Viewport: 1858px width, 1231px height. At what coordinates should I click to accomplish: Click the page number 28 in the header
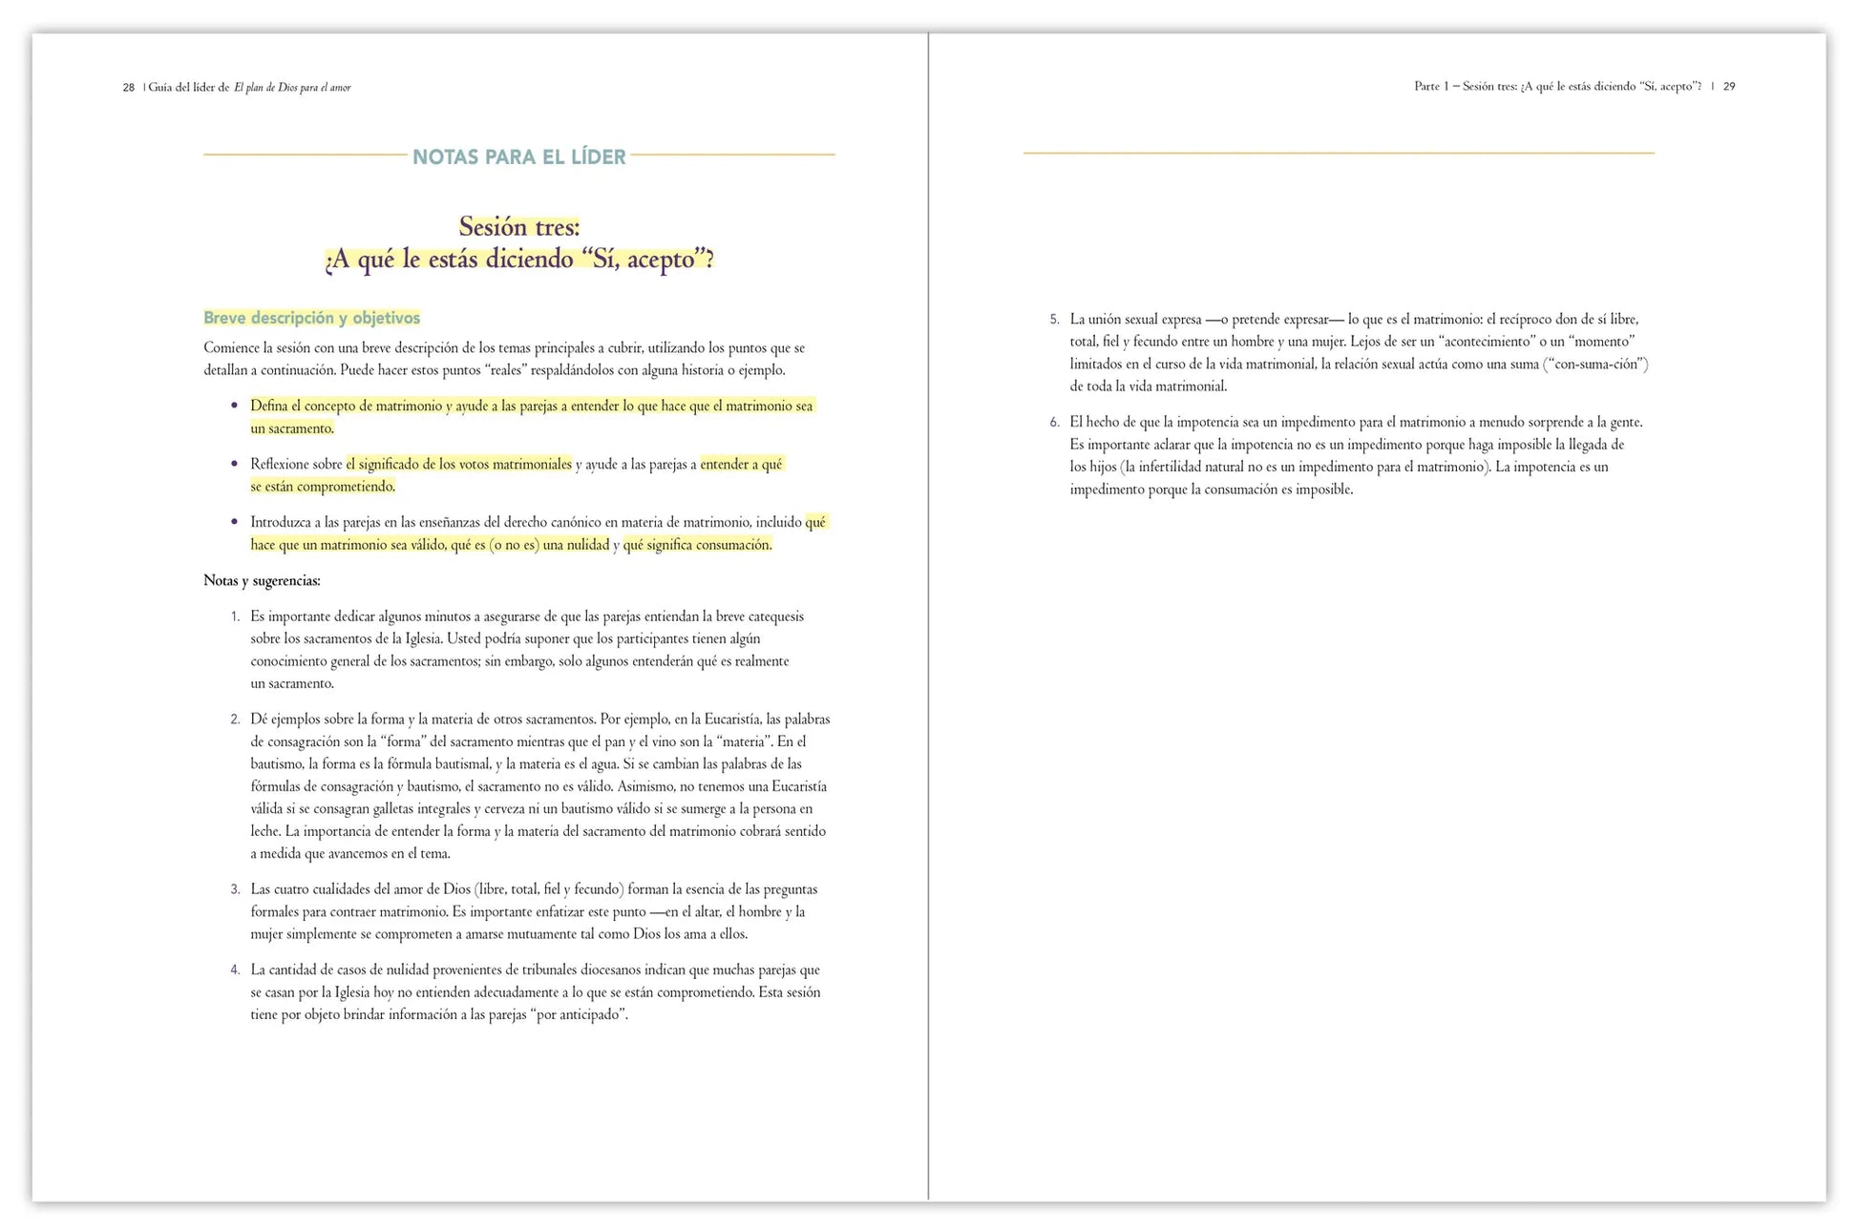pyautogui.click(x=128, y=88)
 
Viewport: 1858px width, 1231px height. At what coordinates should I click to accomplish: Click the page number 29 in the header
pyautogui.click(x=1729, y=87)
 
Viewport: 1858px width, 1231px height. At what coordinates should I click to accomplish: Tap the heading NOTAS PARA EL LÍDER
pyautogui.click(x=518, y=156)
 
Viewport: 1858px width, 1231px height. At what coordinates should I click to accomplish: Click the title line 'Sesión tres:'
pyautogui.click(x=518, y=227)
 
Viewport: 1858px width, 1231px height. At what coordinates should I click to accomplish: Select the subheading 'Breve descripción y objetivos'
pyautogui.click(x=311, y=319)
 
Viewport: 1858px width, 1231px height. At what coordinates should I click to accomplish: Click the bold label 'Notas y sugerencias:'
pyautogui.click(x=262, y=581)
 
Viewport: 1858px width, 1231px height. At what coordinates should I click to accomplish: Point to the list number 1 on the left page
pyautogui.click(x=235, y=617)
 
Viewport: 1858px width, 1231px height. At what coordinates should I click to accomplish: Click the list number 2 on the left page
pyautogui.click(x=235, y=720)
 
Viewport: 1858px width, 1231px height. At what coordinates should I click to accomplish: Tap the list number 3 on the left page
pyautogui.click(x=235, y=889)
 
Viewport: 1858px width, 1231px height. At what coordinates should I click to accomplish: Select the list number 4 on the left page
pyautogui.click(x=235, y=970)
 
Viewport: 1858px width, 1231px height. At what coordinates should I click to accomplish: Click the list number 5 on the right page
pyautogui.click(x=1054, y=320)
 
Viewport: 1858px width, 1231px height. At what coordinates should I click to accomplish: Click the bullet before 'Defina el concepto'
pyautogui.click(x=234, y=407)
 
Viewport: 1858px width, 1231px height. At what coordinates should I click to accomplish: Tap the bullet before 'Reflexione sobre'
pyautogui.click(x=234, y=465)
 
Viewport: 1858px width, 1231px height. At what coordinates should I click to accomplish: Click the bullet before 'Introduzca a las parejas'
pyautogui.click(x=234, y=523)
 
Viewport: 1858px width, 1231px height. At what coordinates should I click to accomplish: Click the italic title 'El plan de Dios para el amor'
pyautogui.click(x=292, y=88)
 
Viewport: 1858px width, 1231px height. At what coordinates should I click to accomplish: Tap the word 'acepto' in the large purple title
pyautogui.click(x=661, y=260)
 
